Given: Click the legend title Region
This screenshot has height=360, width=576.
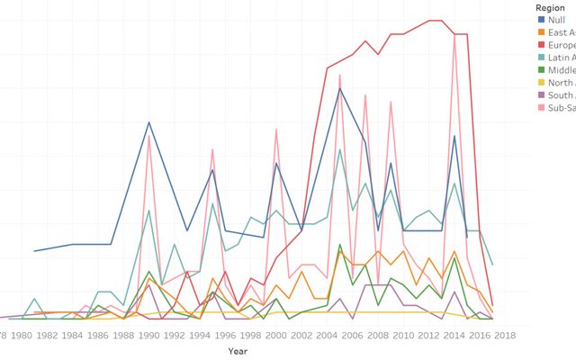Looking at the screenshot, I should pos(549,6).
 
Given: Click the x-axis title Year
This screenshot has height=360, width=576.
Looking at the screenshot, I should pos(238,350).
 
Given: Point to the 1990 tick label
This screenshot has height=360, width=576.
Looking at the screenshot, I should pos(148,335).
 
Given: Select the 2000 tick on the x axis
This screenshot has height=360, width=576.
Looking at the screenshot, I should pos(275,335).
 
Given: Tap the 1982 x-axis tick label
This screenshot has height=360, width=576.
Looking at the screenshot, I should pos(47,335).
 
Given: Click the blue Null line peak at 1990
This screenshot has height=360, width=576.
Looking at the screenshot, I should pos(148,121).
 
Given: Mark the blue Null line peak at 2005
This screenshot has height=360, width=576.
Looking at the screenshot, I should pos(339,88).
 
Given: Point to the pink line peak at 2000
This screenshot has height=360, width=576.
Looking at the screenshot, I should pos(275,130).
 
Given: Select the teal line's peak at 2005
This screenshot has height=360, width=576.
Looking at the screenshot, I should pos(339,149).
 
